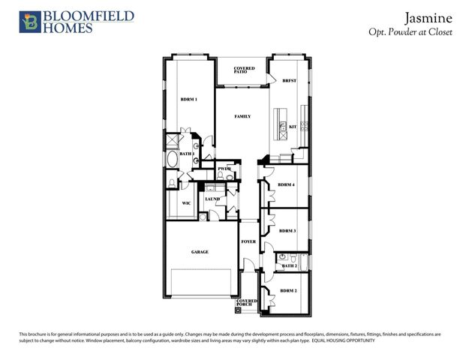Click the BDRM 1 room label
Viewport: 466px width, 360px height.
pos(188,100)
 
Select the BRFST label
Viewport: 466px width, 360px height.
pos(289,81)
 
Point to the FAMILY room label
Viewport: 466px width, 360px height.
pos(242,117)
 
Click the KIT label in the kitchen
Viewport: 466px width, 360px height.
pos(293,127)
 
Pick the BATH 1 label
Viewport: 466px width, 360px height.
pos(187,154)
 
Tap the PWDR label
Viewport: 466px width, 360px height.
pos(224,169)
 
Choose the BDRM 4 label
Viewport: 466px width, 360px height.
pos(287,184)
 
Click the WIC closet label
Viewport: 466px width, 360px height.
pos(187,202)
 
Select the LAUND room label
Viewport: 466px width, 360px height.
pos(212,199)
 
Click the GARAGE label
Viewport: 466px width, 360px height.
pos(200,252)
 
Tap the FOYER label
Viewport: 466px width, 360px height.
pos(248,242)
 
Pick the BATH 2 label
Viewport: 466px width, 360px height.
pos(290,265)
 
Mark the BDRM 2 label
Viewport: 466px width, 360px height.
pos(289,290)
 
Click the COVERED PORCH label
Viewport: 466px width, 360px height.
pos(248,303)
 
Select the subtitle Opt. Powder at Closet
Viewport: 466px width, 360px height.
pos(410,32)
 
